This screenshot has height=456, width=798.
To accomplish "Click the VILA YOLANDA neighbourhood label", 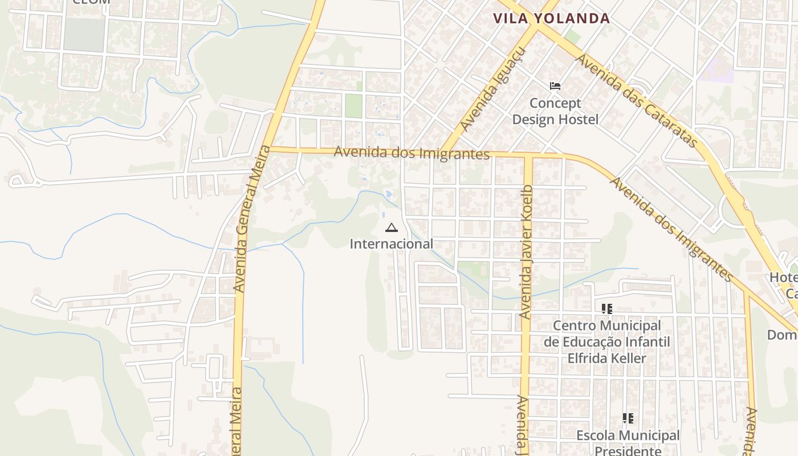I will [551, 18].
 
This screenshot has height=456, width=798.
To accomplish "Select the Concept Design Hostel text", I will [555, 111].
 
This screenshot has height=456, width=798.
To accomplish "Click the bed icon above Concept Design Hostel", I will [555, 86].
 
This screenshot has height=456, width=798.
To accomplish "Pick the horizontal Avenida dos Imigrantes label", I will [412, 153].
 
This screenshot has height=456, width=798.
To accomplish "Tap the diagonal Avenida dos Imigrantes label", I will [671, 229].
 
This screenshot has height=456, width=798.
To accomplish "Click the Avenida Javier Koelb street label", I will [526, 251].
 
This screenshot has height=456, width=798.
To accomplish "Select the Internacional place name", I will [391, 244].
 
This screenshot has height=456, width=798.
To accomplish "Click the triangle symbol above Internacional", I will [391, 228].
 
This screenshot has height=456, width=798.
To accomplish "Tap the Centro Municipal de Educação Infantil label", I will [607, 341].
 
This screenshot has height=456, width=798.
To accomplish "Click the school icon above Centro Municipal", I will [607, 309].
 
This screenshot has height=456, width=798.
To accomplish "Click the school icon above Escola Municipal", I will [628, 418].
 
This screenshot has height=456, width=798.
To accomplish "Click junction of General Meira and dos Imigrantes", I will [270, 149].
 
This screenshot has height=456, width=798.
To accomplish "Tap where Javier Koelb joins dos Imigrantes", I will [528, 156].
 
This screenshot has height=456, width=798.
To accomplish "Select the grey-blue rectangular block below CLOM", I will [84, 34].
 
